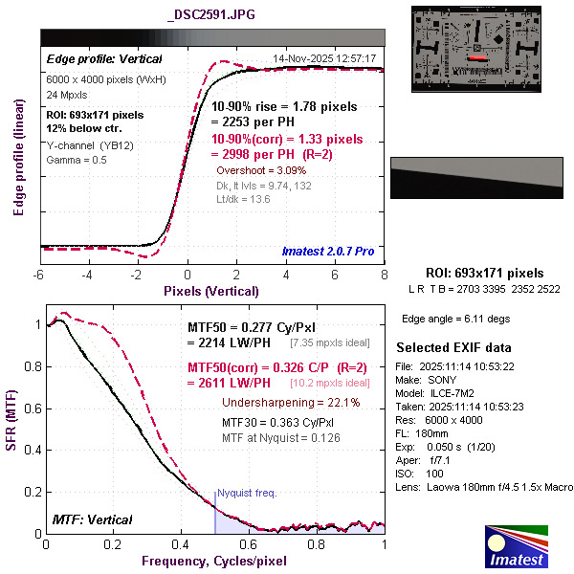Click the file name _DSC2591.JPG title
pos(210,15)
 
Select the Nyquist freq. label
pos(247,494)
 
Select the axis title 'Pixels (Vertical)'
pos(211,291)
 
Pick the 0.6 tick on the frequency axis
pos(250,544)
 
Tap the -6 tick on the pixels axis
pos(38,276)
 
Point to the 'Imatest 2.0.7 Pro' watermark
pos(329,252)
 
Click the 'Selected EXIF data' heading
pos(454,347)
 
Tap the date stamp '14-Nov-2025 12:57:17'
pos(324,59)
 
